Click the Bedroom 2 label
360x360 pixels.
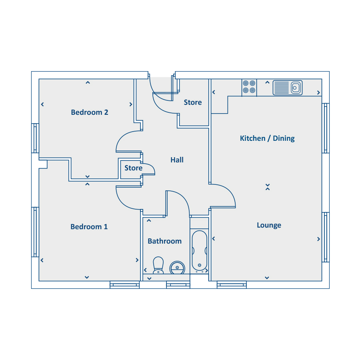89,112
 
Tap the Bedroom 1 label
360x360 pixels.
89,227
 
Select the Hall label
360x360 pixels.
177,160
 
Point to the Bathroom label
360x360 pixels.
165,241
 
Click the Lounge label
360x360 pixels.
269,225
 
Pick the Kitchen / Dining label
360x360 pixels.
267,138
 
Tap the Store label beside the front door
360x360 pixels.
193,102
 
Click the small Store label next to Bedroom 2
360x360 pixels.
133,168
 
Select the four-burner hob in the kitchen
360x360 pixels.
249,87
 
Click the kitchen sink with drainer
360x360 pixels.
288,88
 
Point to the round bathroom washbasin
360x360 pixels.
177,268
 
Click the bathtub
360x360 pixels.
200,251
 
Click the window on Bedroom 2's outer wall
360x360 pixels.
35,138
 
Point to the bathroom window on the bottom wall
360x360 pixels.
178,285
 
